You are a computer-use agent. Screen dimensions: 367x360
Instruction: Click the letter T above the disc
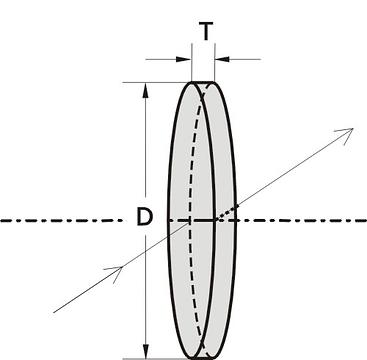(206, 31)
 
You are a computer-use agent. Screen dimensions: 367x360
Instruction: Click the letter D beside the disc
(145, 216)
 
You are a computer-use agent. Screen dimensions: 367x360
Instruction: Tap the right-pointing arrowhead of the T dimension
(183, 60)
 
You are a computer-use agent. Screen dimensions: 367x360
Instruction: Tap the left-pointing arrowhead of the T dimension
(222, 60)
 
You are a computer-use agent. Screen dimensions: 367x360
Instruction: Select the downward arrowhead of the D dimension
(145, 351)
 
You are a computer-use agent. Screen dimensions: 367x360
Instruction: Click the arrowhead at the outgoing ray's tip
(346, 135)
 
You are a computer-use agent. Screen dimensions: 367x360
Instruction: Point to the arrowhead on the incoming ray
(115, 273)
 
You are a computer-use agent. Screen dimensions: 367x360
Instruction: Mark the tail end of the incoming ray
(54, 312)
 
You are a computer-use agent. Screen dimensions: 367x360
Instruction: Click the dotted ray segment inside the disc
(226, 213)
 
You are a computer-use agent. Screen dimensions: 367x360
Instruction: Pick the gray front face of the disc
(191, 220)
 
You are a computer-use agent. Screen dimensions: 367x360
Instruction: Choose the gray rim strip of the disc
(226, 167)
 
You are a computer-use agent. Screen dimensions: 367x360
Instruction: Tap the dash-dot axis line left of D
(62, 221)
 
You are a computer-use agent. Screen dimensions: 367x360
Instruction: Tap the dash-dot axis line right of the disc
(302, 221)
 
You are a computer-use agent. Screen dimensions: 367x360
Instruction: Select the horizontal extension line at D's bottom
(157, 359)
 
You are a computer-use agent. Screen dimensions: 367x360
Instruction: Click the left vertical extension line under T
(192, 62)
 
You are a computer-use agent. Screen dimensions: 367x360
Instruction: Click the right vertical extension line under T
(214, 62)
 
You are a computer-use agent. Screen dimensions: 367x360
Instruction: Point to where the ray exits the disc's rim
(237, 206)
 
